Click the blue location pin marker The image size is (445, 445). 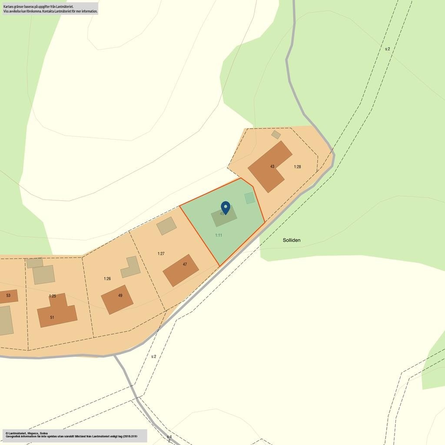click(x=225, y=207)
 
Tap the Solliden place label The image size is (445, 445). click(x=292, y=240)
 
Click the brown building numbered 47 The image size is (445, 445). click(x=181, y=270)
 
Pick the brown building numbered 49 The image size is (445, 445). click(x=117, y=299)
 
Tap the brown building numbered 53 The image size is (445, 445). click(x=8, y=296)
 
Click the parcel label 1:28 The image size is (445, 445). click(x=297, y=167)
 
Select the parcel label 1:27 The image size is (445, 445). click(x=161, y=254)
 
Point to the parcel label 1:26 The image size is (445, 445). click(x=107, y=279)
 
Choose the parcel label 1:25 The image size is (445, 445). click(x=52, y=296)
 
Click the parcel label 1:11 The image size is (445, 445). click(x=219, y=235)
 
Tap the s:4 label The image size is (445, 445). click(x=169, y=437)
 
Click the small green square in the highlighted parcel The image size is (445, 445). click(x=249, y=198)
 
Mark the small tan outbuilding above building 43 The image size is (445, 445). click(x=276, y=135)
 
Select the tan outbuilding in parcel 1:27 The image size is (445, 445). click(x=166, y=226)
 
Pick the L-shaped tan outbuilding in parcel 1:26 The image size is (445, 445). click(x=131, y=268)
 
